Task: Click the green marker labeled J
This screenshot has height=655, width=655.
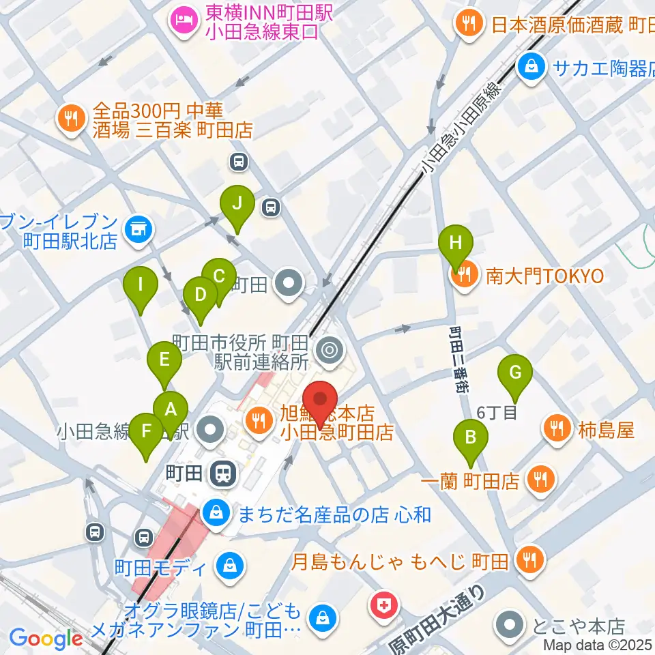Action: pyautogui.click(x=237, y=203)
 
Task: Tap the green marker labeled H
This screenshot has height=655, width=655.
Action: pyautogui.click(x=456, y=242)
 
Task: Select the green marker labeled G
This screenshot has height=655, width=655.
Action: pyautogui.click(x=516, y=373)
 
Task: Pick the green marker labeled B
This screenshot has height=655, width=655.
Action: pyautogui.click(x=470, y=437)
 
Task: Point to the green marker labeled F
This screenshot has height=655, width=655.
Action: pyautogui.click(x=146, y=432)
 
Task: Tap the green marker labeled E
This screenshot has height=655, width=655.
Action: pyautogui.click(x=164, y=360)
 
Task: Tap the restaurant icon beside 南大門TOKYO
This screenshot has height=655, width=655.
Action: pyautogui.click(x=466, y=276)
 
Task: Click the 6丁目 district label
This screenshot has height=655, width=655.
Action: pyautogui.click(x=496, y=412)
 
